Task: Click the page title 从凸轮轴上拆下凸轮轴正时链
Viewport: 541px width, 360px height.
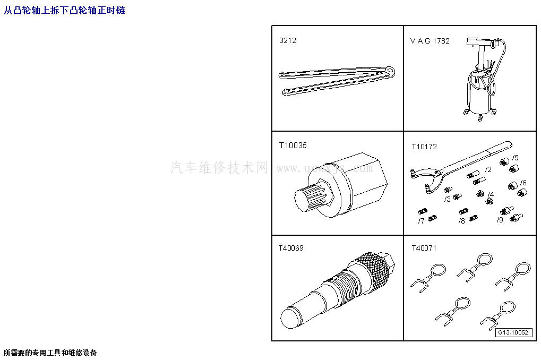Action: coord(64,10)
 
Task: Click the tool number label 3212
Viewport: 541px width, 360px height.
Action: coord(287,41)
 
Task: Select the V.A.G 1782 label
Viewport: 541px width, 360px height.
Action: coord(430,41)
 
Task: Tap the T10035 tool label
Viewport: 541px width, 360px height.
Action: coord(293,145)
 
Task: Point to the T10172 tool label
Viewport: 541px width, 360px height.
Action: coord(424,147)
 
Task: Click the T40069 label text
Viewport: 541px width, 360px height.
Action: coord(291,248)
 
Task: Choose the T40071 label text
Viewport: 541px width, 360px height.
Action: coord(424,248)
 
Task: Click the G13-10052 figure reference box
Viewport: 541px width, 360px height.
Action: coord(513,333)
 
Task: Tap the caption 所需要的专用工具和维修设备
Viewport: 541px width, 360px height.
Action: coord(50,353)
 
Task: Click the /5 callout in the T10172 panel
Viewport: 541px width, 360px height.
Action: coord(515,158)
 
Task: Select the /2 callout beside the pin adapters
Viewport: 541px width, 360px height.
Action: coord(488,170)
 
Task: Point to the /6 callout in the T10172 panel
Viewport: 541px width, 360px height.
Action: coord(523,183)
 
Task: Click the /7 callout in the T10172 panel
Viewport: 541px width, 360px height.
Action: coord(421,220)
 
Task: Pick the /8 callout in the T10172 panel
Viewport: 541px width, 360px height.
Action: coord(461,220)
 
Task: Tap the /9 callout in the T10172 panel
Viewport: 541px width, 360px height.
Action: coord(500,220)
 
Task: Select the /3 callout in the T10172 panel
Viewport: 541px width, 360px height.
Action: coord(448,199)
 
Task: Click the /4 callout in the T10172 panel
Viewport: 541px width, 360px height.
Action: coord(491,195)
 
